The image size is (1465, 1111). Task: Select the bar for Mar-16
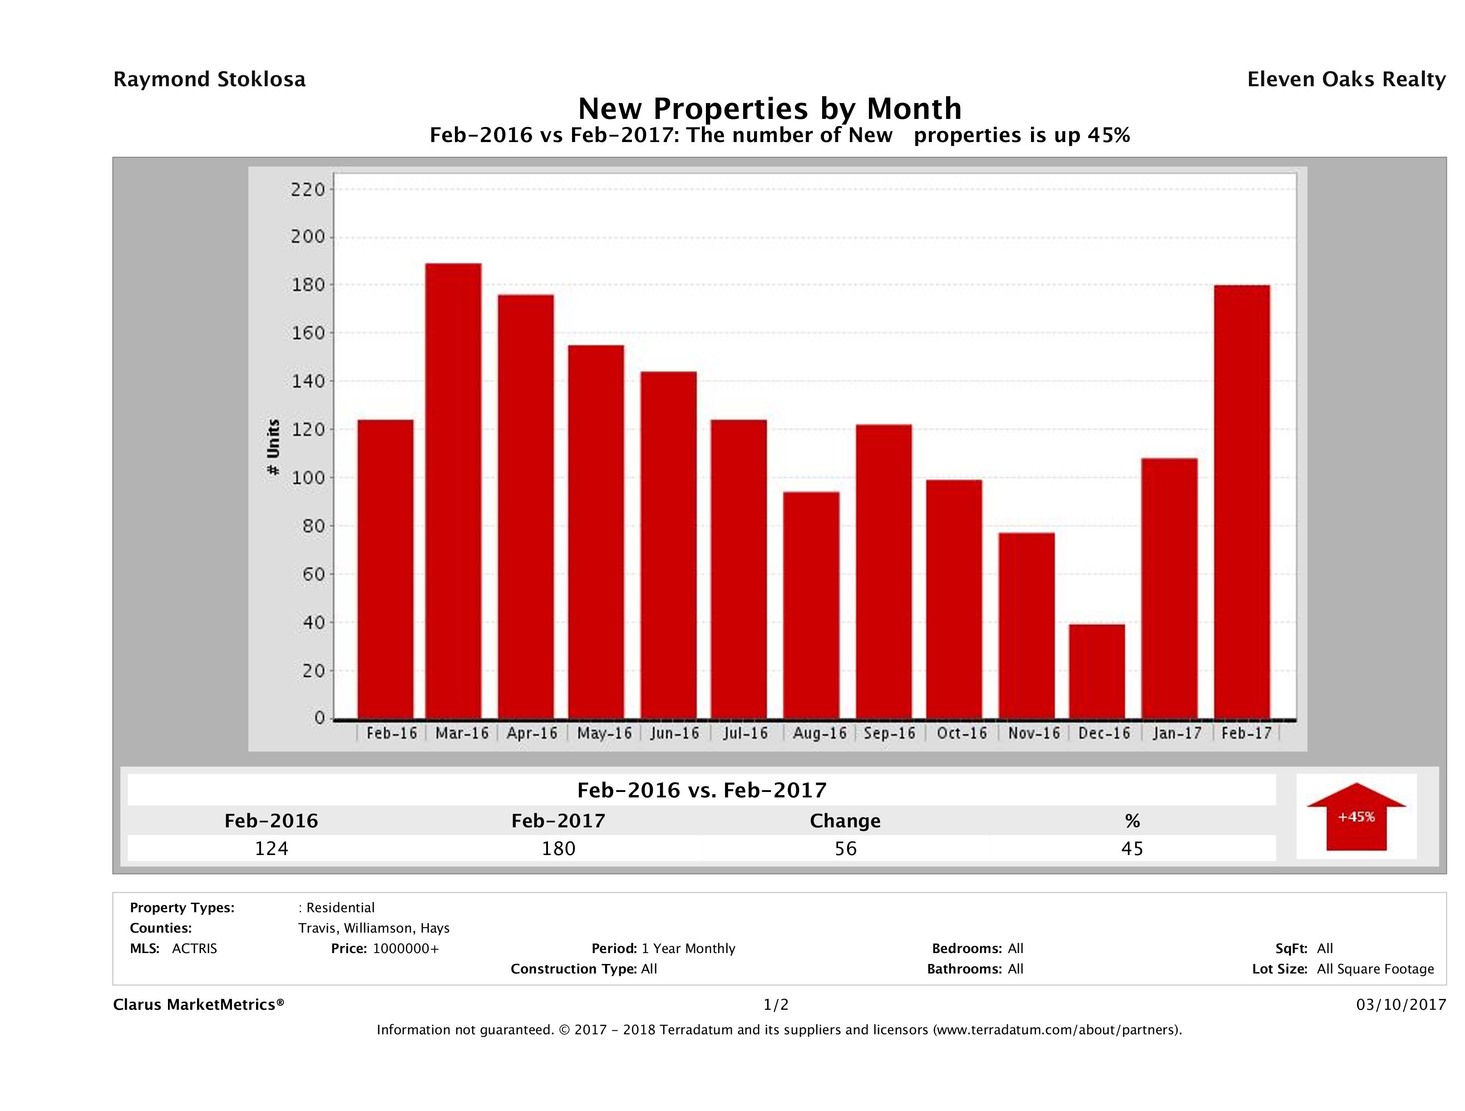click(453, 491)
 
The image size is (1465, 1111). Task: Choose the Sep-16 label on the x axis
click(889, 733)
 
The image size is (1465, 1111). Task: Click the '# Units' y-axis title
click(273, 447)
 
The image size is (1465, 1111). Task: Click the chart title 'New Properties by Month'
click(769, 108)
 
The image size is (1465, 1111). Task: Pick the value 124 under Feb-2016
click(271, 848)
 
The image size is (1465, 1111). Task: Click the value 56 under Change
click(845, 848)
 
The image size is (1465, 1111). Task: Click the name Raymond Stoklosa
click(209, 79)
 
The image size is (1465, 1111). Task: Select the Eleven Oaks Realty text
click(1346, 79)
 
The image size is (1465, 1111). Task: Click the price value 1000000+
click(405, 948)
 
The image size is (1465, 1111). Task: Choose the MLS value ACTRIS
click(194, 948)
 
